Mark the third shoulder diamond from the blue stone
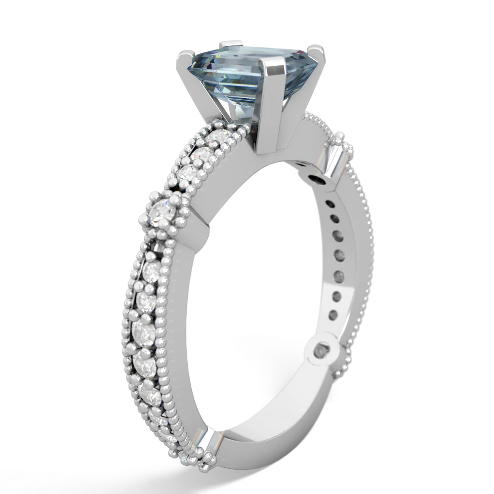coord(190,173)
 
